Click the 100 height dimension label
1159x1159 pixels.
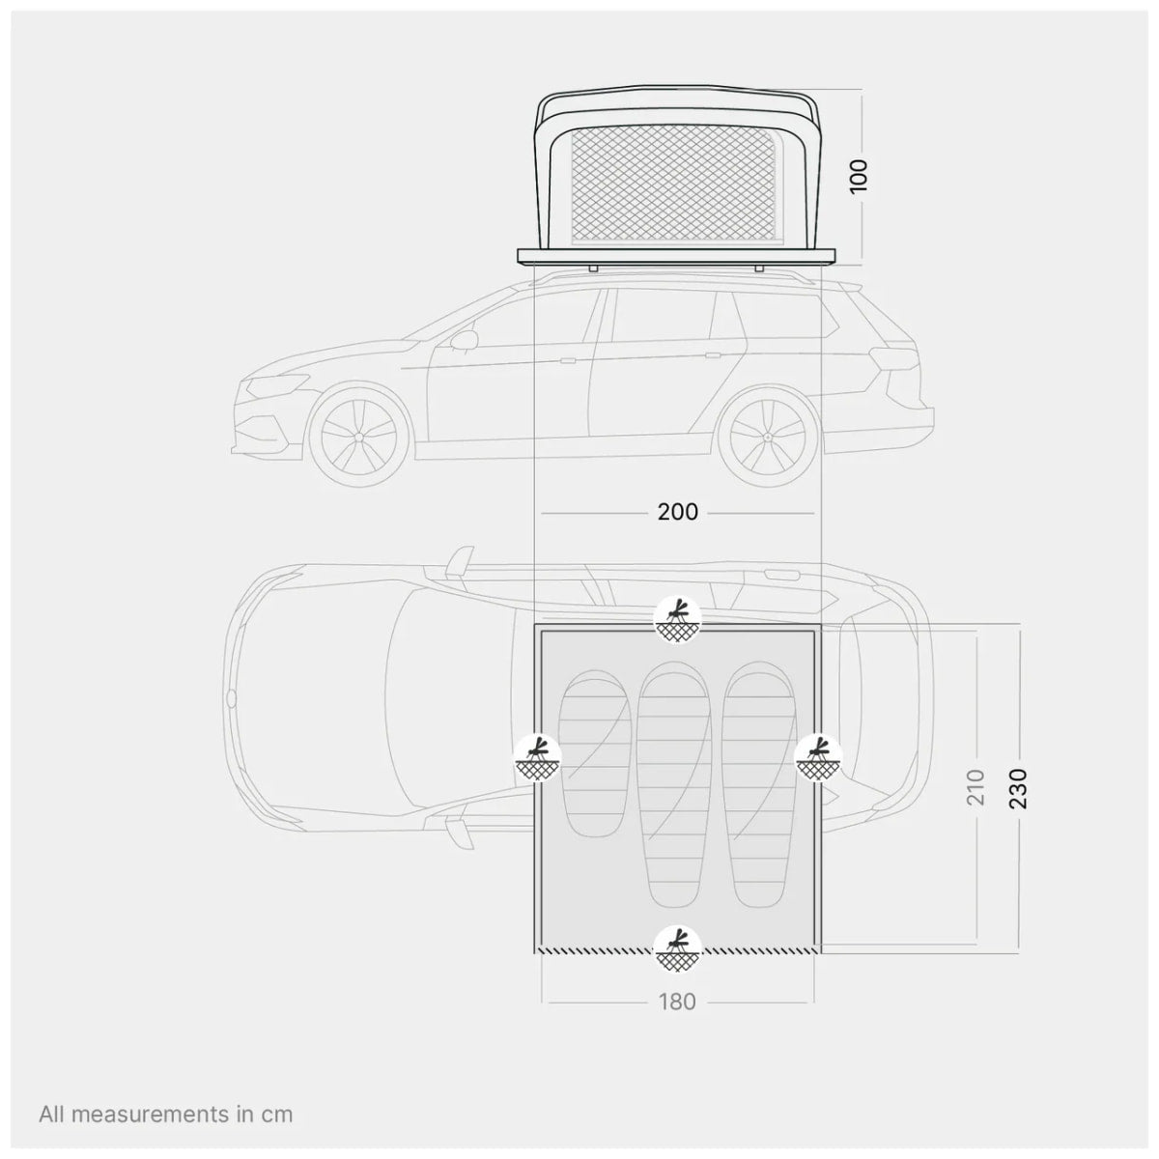[x=860, y=176]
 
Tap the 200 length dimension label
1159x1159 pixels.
[x=677, y=512]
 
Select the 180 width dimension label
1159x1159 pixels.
[x=677, y=1002]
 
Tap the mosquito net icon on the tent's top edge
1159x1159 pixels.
[x=677, y=619]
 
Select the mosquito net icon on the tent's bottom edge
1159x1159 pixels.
[x=677, y=948]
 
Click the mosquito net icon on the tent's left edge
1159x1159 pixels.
[x=537, y=757]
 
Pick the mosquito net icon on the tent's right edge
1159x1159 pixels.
[x=819, y=757]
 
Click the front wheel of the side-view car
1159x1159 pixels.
[x=356, y=435]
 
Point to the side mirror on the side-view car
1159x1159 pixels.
[x=465, y=340]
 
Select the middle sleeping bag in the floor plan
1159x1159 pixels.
[x=677, y=782]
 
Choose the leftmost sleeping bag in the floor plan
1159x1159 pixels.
[x=595, y=753]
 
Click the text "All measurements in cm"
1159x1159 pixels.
[x=165, y=1114]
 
